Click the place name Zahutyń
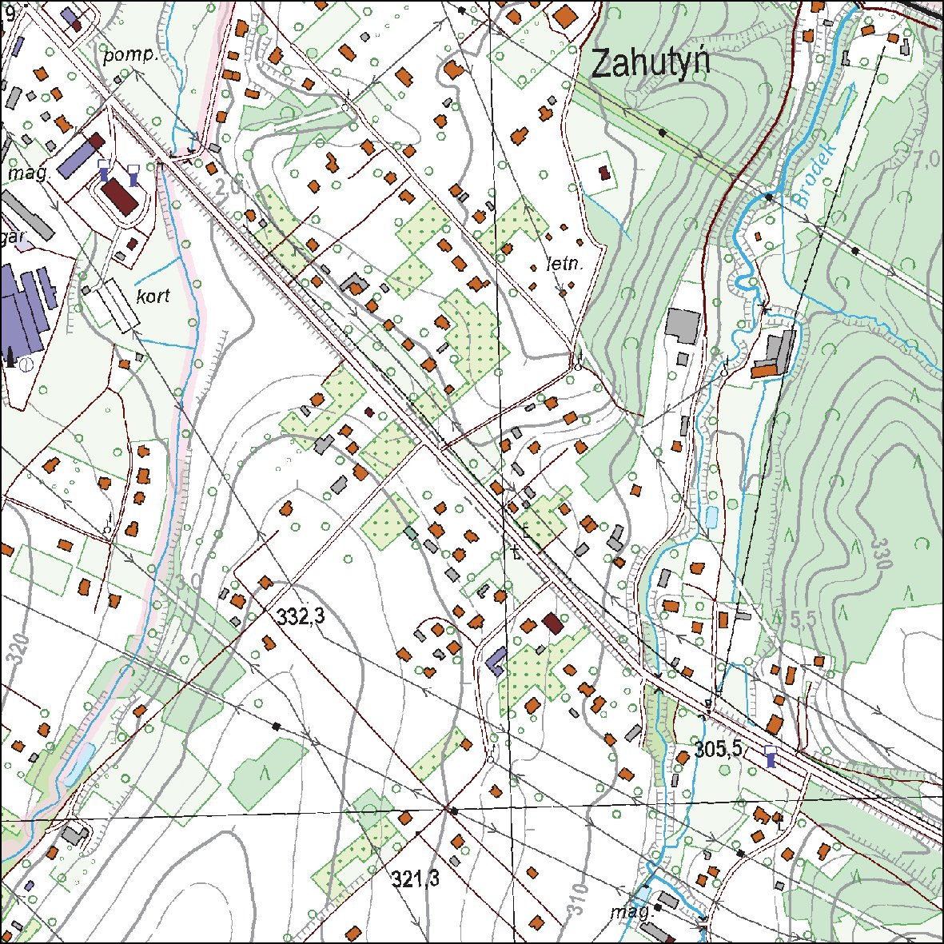pyautogui.click(x=650, y=63)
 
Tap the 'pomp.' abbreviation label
pyautogui.click(x=132, y=57)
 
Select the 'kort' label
pyautogui.click(x=153, y=296)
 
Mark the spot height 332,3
pyautogui.click(x=301, y=616)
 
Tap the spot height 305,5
pyautogui.click(x=719, y=749)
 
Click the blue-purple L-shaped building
pyautogui.click(x=496, y=661)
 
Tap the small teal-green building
pyautogui.click(x=411, y=532)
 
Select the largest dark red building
pyautogui.click(x=121, y=195)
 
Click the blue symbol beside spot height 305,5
pyautogui.click(x=770, y=756)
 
